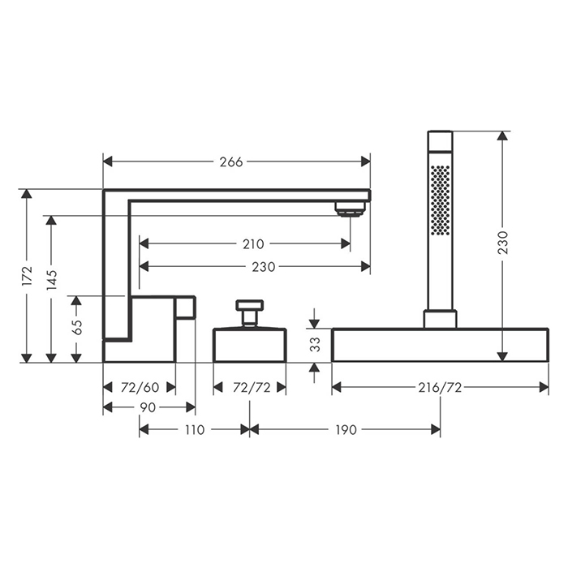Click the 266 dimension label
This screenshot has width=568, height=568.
point(231,162)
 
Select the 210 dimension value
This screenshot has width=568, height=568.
point(253,244)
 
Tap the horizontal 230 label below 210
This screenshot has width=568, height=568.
point(264,267)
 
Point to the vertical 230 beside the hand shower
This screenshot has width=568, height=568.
point(503,243)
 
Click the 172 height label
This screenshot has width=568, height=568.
point(27,277)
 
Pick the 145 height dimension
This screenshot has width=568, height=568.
point(52,279)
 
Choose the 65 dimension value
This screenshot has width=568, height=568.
point(77,328)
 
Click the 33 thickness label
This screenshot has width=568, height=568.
point(315,345)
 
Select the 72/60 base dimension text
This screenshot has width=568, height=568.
point(140,388)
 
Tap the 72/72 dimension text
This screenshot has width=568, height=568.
point(252,388)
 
